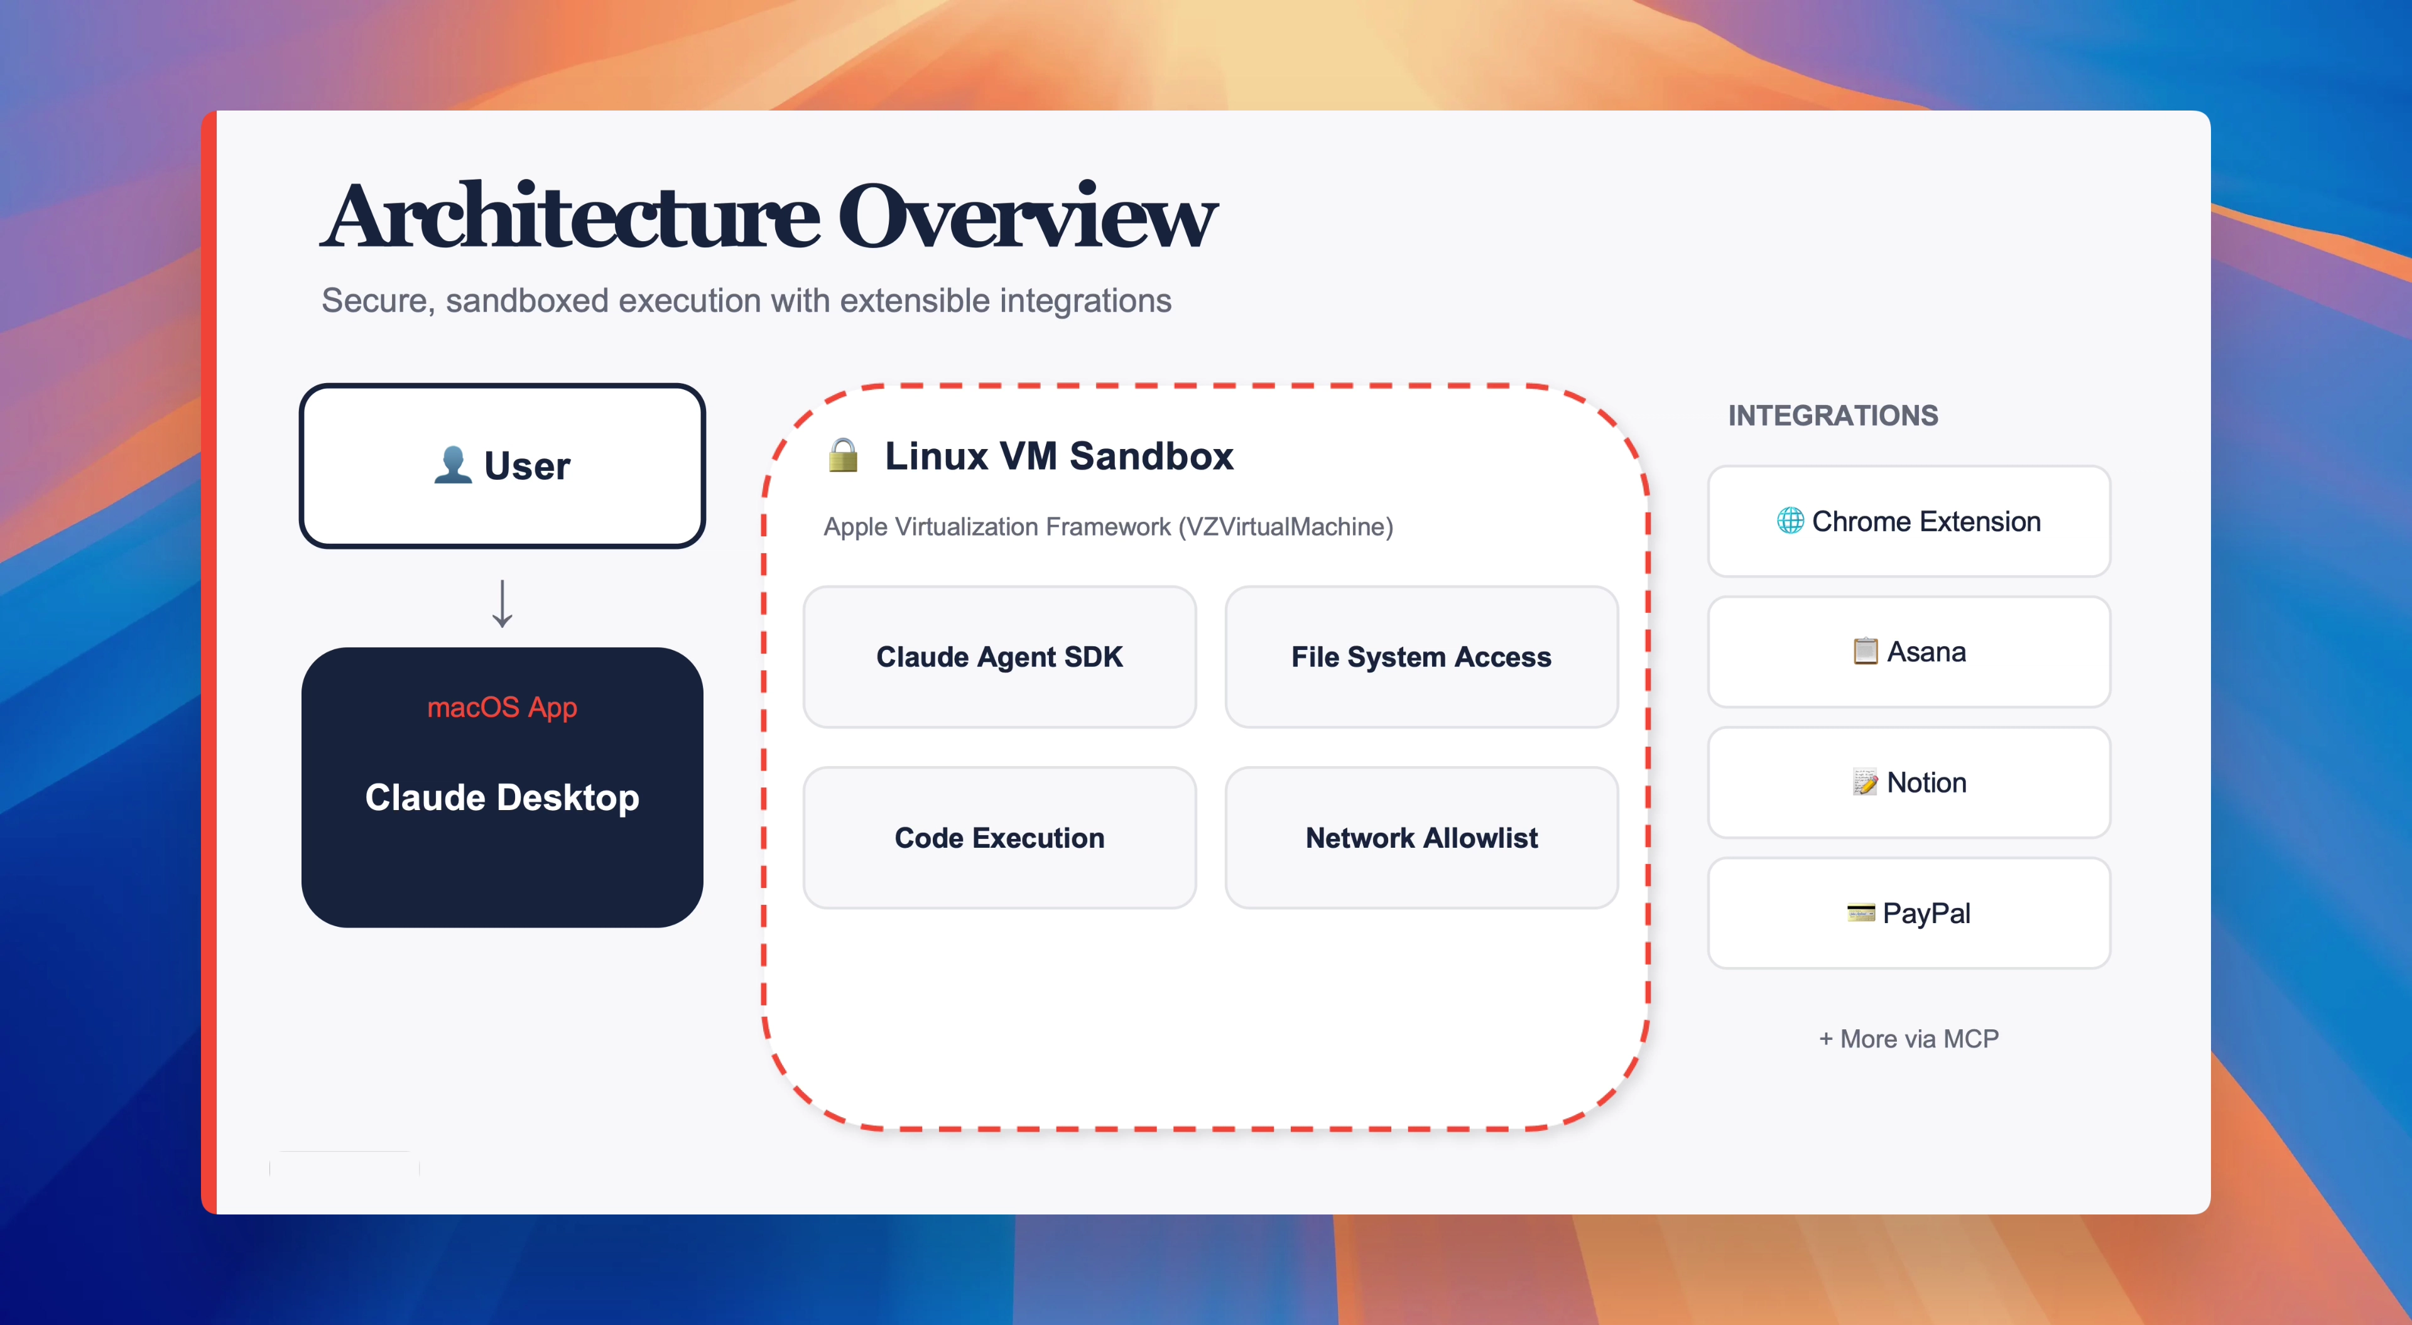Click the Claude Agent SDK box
click(999, 656)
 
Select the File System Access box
click(1421, 656)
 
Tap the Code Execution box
click(999, 837)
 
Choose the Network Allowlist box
click(1421, 837)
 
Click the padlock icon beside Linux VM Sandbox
click(843, 455)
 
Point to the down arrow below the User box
click(503, 603)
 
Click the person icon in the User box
click(453, 465)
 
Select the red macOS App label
click(502, 707)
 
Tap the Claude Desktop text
click(502, 797)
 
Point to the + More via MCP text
click(1908, 1039)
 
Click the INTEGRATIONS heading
click(1832, 415)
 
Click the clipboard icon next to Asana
click(1865, 651)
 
